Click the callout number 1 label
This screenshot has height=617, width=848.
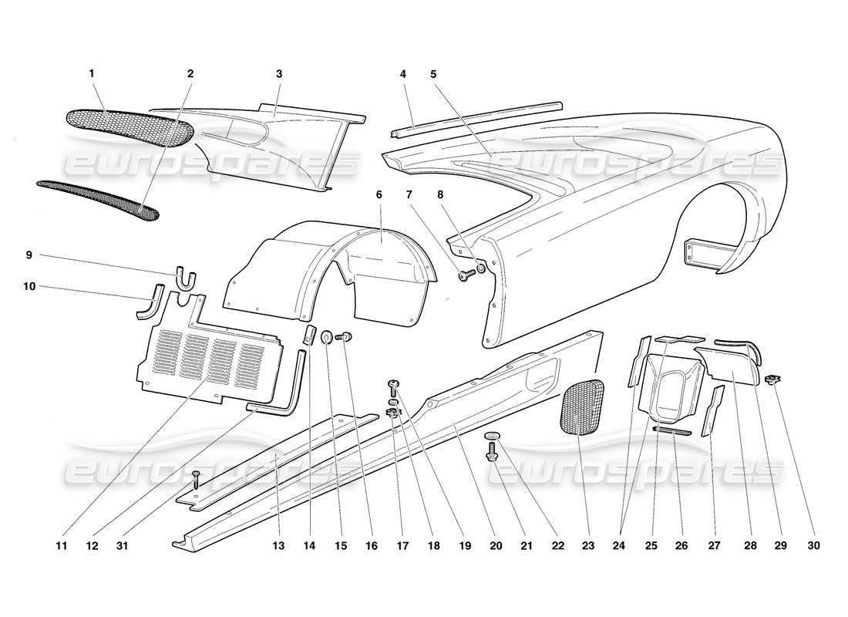(92, 74)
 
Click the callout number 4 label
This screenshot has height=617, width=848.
(402, 74)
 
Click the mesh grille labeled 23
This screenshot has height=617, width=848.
(584, 407)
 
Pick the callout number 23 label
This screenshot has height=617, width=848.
(588, 546)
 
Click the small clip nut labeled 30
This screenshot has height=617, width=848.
(771, 379)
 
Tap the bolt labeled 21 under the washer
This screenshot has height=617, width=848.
(491, 455)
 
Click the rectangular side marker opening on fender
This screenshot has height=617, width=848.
(702, 253)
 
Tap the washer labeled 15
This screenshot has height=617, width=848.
(327, 336)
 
